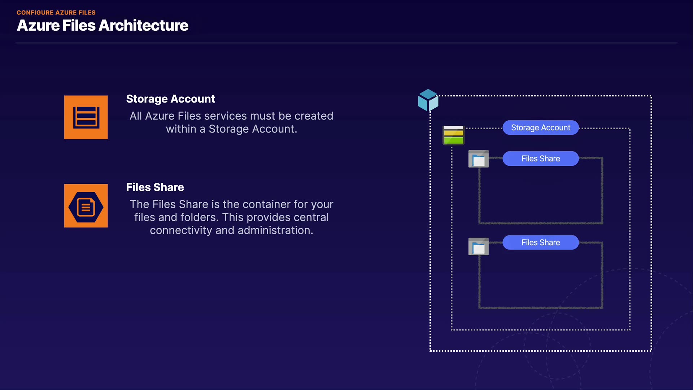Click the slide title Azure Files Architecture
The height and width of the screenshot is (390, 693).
tap(103, 26)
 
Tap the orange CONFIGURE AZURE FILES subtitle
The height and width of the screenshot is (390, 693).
tap(56, 13)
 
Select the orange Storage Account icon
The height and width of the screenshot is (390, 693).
tap(86, 117)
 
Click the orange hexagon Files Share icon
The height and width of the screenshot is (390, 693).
tap(86, 206)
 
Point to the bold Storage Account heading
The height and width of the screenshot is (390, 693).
tap(170, 99)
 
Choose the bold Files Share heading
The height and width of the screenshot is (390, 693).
tap(155, 187)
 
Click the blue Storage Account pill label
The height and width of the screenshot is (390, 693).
tap(540, 128)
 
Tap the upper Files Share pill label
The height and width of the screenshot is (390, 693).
tap(540, 159)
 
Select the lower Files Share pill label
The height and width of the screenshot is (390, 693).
tap(540, 243)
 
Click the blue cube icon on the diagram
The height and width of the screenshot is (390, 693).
tap(428, 100)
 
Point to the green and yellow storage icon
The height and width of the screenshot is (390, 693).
tap(453, 135)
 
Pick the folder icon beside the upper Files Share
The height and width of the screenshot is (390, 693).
tap(478, 159)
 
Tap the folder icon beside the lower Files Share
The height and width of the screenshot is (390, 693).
tap(478, 247)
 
